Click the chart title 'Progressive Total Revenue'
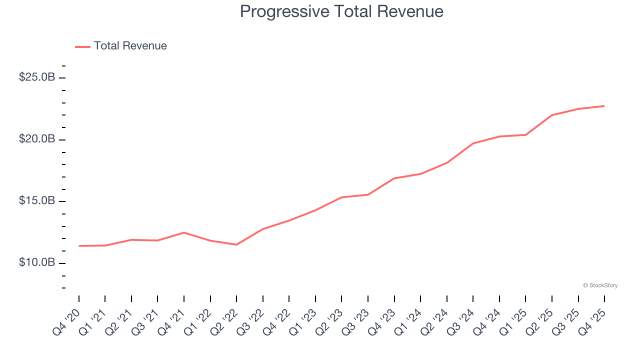coord(341,11)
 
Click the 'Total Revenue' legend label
coord(130,46)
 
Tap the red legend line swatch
coord(82,46)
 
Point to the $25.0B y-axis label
coord(37,77)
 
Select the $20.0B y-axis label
coord(37,139)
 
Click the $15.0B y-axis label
coord(37,201)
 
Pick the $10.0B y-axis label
coord(37,262)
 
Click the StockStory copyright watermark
coord(600,285)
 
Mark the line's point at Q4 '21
coord(184,232)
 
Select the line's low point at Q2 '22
coord(236,244)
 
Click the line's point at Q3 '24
coord(473,143)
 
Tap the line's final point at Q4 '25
coord(604,106)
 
